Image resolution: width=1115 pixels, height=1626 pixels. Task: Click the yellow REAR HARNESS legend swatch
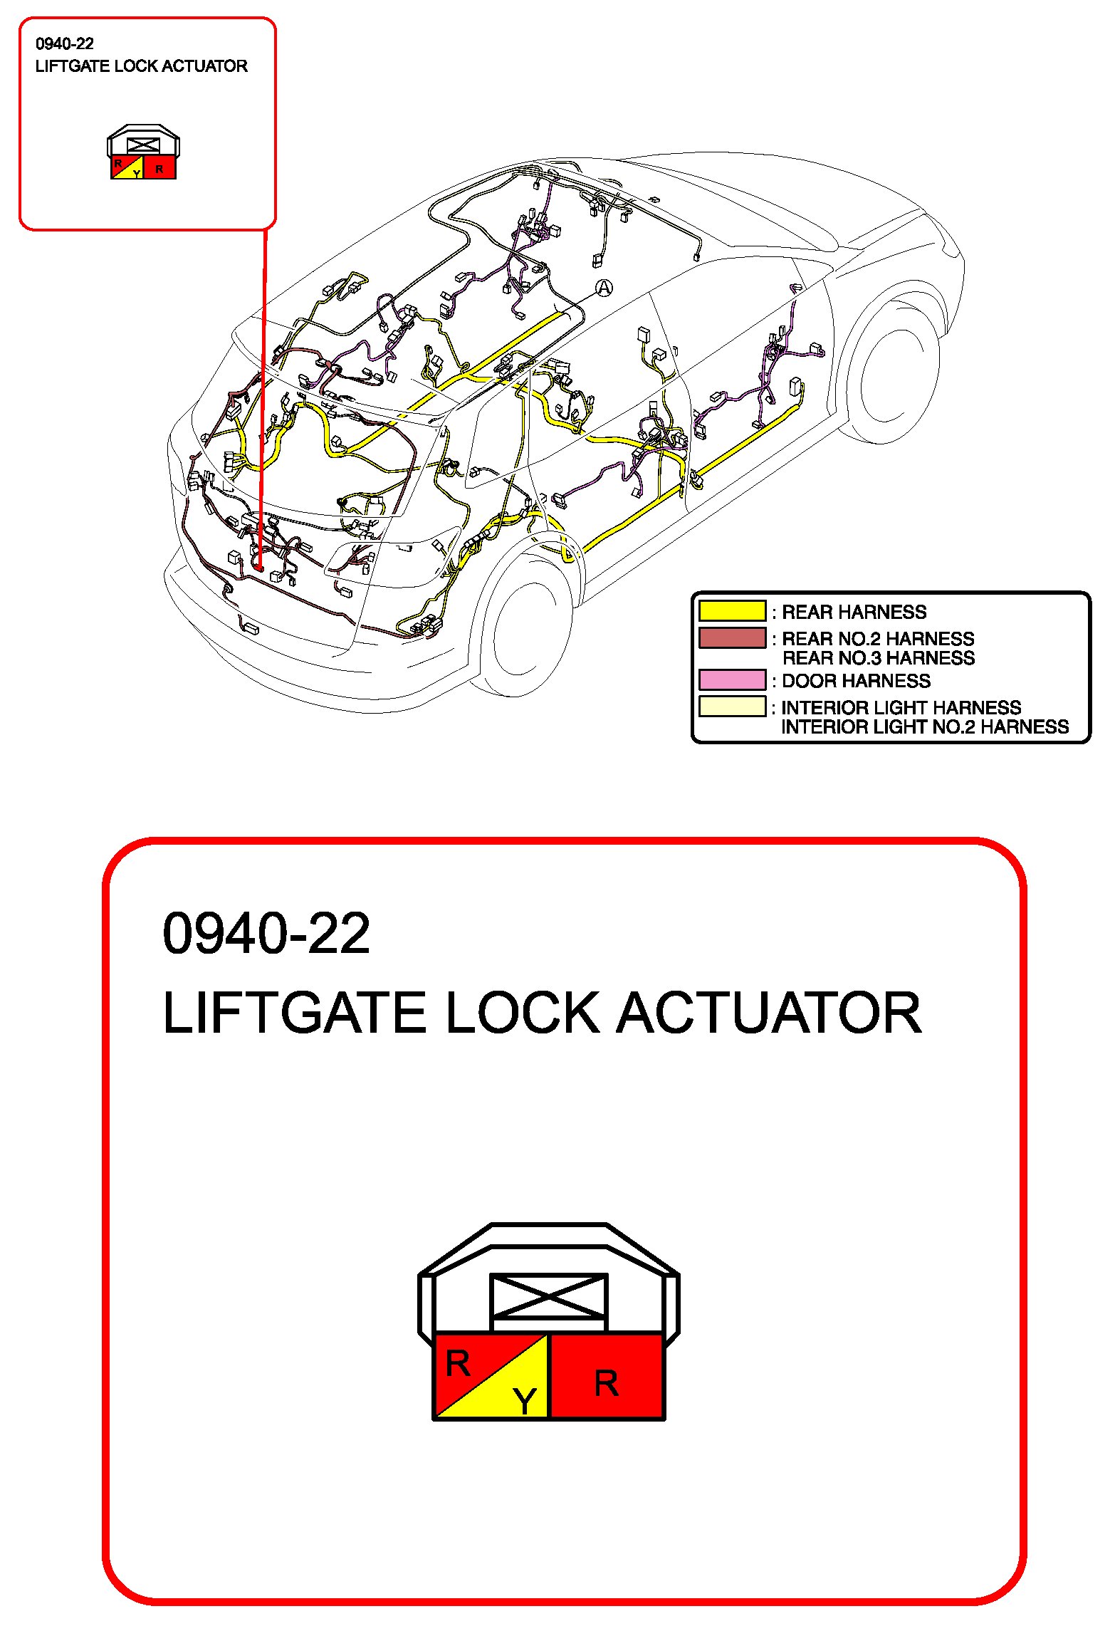pos(732,611)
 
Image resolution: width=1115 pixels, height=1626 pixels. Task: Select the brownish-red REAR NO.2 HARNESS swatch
pos(732,637)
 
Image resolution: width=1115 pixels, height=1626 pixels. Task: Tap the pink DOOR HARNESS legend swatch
pos(732,679)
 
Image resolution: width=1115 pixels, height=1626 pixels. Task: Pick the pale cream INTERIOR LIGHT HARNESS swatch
pos(732,707)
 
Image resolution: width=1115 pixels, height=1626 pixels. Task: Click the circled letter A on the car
pos(604,288)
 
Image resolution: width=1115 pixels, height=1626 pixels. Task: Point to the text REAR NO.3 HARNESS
pos(878,658)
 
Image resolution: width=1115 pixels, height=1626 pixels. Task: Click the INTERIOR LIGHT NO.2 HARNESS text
pos(925,727)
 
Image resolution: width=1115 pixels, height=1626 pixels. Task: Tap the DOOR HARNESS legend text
pos(856,681)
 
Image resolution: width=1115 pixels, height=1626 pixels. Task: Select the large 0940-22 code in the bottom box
pos(266,933)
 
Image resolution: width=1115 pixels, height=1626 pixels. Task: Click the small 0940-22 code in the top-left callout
pos(65,44)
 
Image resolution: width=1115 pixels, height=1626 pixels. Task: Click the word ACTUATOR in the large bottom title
pos(768,1013)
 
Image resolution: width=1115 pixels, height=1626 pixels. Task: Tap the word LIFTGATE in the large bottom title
pos(294,1013)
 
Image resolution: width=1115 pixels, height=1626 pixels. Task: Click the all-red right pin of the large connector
pos(607,1377)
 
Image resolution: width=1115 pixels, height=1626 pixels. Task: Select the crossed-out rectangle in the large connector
pos(548,1296)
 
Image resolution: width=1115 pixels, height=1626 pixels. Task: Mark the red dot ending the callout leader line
pos(259,568)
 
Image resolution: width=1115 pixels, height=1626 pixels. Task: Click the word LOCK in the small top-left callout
pos(137,66)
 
